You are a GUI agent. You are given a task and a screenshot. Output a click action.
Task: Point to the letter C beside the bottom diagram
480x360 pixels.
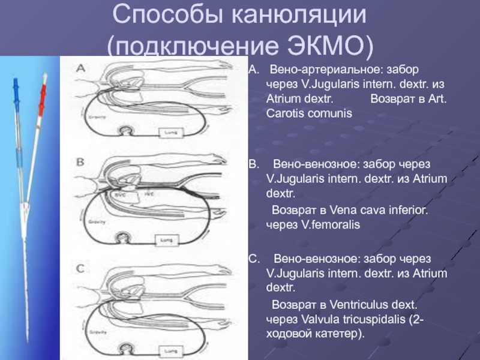(80, 266)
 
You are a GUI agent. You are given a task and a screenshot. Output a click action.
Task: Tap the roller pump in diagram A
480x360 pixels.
(128, 131)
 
